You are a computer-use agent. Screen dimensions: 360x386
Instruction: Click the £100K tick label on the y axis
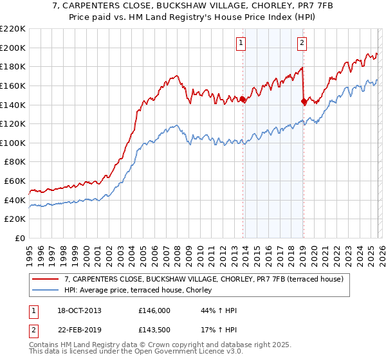(x=13, y=143)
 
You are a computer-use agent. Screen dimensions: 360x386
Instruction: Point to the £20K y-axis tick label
(x=15, y=219)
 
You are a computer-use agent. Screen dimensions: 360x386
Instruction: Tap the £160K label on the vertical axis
(x=13, y=85)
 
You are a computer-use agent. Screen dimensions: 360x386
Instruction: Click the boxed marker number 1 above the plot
(x=240, y=43)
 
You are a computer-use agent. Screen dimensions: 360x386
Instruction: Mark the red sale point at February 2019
(x=304, y=101)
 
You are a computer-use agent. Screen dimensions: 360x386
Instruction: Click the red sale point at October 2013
(x=243, y=99)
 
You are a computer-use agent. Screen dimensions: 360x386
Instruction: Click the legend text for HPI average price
(x=142, y=291)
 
